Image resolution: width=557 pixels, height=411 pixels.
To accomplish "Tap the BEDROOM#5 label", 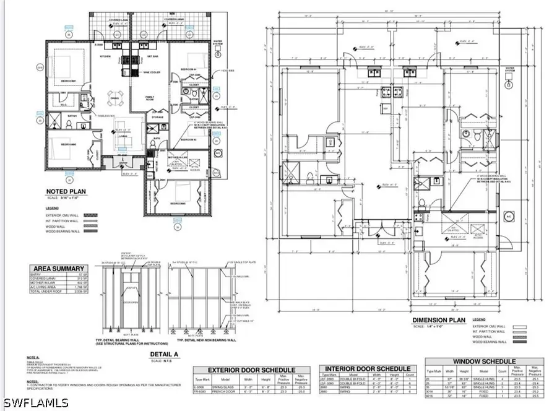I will pos(179,204).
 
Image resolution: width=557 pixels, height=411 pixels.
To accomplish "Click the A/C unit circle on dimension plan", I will pos(509,216).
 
